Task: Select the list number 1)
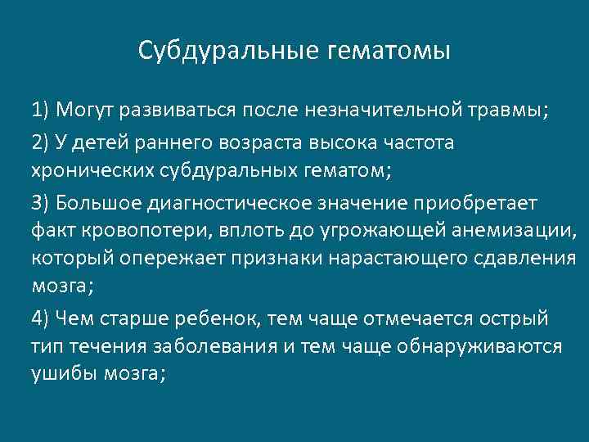43,110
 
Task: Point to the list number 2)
43,142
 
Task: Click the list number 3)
43,202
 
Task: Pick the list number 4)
43,318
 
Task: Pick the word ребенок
220,318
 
